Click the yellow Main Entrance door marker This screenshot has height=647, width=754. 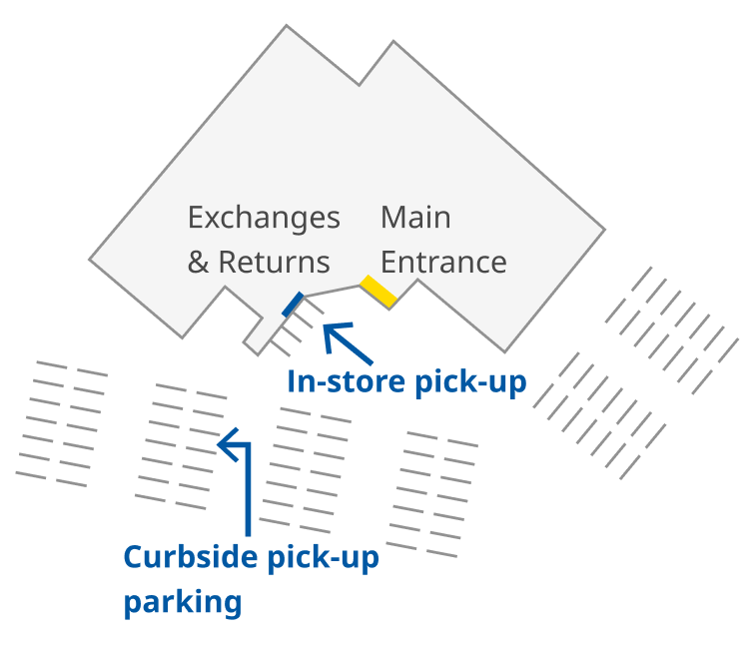click(379, 291)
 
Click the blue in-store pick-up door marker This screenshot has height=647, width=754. click(293, 305)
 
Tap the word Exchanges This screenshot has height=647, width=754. click(264, 218)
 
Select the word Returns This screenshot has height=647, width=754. click(274, 263)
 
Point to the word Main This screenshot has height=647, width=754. click(415, 218)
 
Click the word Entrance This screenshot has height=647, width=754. click(443, 263)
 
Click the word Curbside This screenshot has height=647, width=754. click(191, 557)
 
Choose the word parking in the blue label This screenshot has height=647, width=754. click(183, 602)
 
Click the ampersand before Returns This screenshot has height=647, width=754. click(198, 263)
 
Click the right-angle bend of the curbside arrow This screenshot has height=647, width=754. click(248, 439)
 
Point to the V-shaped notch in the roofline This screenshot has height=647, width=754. click(360, 84)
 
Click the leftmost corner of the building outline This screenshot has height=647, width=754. click(90, 261)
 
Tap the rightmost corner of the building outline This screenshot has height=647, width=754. click(605, 231)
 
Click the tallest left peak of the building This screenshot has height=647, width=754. click(288, 26)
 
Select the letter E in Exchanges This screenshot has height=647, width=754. click(196, 218)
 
